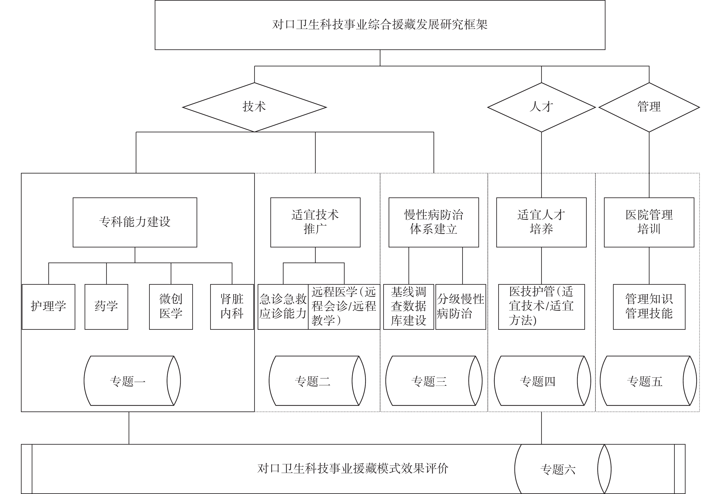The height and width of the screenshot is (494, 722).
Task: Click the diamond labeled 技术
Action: click(254, 107)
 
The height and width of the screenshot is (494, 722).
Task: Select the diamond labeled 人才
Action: click(541, 107)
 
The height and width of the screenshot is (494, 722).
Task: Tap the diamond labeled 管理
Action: click(649, 107)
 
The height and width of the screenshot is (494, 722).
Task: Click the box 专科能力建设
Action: click(135, 222)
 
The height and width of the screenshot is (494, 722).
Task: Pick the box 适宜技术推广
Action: click(315, 222)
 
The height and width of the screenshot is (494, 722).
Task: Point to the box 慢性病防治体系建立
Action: click(434, 222)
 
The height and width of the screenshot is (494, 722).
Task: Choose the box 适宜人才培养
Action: click(541, 222)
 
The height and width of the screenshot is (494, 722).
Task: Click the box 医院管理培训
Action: click(649, 222)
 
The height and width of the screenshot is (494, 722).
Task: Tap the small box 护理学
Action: click(49, 306)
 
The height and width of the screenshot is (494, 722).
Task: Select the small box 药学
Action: click(106, 306)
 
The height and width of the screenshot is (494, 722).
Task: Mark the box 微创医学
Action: click(171, 306)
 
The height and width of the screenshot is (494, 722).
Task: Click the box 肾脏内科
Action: click(232, 306)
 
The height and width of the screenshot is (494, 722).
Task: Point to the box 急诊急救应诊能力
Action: click(283, 306)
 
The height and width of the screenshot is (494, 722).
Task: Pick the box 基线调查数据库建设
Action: click(408, 306)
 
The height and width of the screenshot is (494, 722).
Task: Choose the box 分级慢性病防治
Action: click(461, 306)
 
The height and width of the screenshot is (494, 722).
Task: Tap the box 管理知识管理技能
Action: click(649, 306)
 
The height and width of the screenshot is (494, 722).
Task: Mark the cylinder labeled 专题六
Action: click(563, 469)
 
